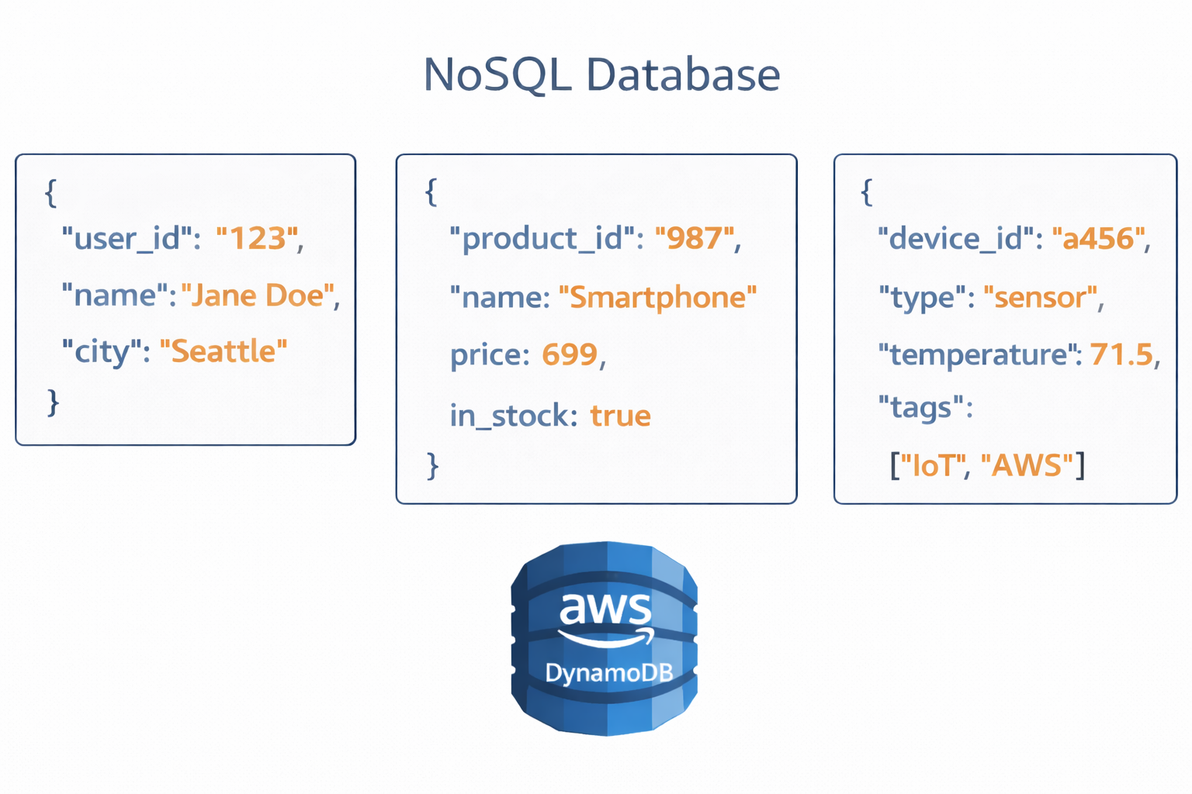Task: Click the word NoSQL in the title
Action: pyautogui.click(x=497, y=75)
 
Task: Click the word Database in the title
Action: pyautogui.click(x=682, y=75)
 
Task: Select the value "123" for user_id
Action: pyautogui.click(x=257, y=239)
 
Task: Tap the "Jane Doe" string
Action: pyautogui.click(x=258, y=295)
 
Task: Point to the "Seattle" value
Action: pyautogui.click(x=223, y=351)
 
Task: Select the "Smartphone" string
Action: pyautogui.click(x=657, y=297)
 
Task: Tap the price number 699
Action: pyautogui.click(x=570, y=355)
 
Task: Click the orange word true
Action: pyautogui.click(x=620, y=416)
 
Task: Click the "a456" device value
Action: pyautogui.click(x=1099, y=239)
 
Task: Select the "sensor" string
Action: pyautogui.click(x=1041, y=297)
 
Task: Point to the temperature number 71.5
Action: pyautogui.click(x=1121, y=354)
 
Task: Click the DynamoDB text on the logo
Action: pyautogui.click(x=608, y=672)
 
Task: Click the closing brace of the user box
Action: pyautogui.click(x=53, y=402)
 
